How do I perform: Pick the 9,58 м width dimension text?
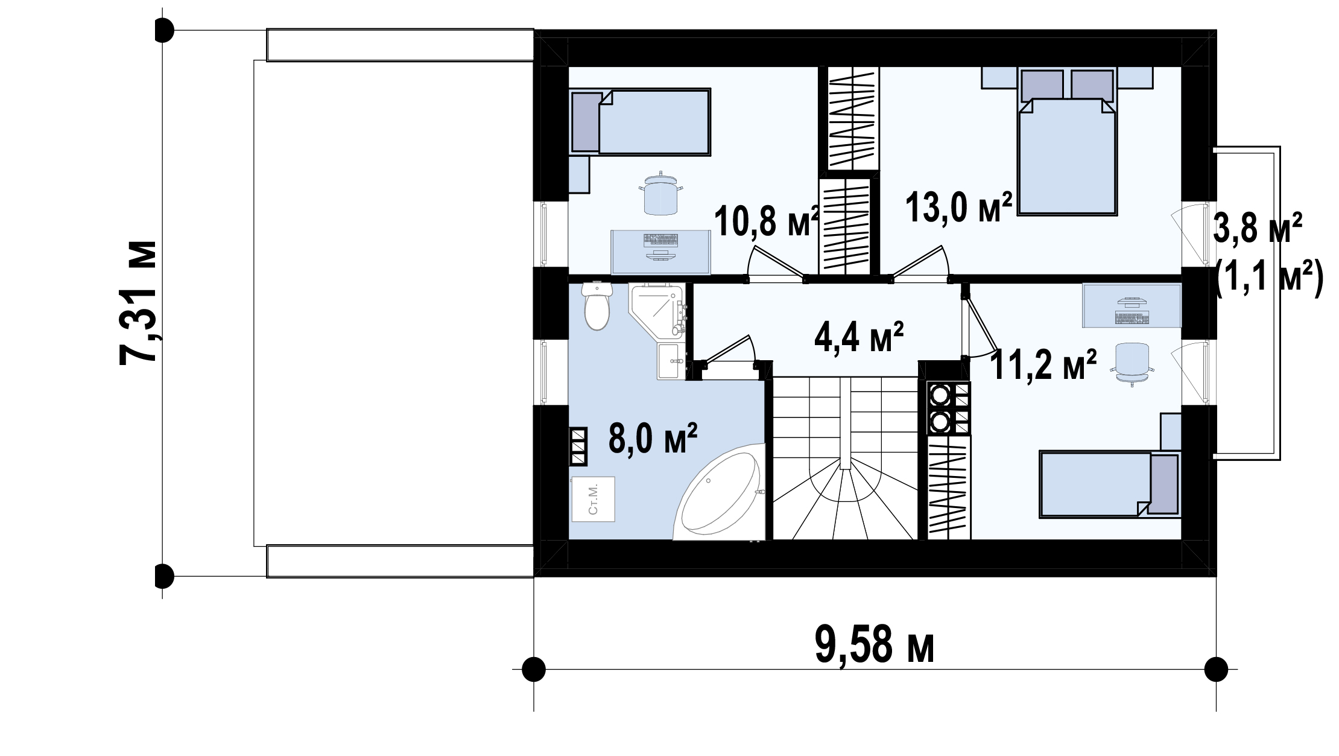pyautogui.click(x=875, y=644)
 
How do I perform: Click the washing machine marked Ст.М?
pyautogui.click(x=171, y=499)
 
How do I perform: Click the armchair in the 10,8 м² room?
pyautogui.click(x=660, y=193)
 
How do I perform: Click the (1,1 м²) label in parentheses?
pyautogui.click(x=1268, y=278)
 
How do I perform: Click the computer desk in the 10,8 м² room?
pyautogui.click(x=661, y=252)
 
